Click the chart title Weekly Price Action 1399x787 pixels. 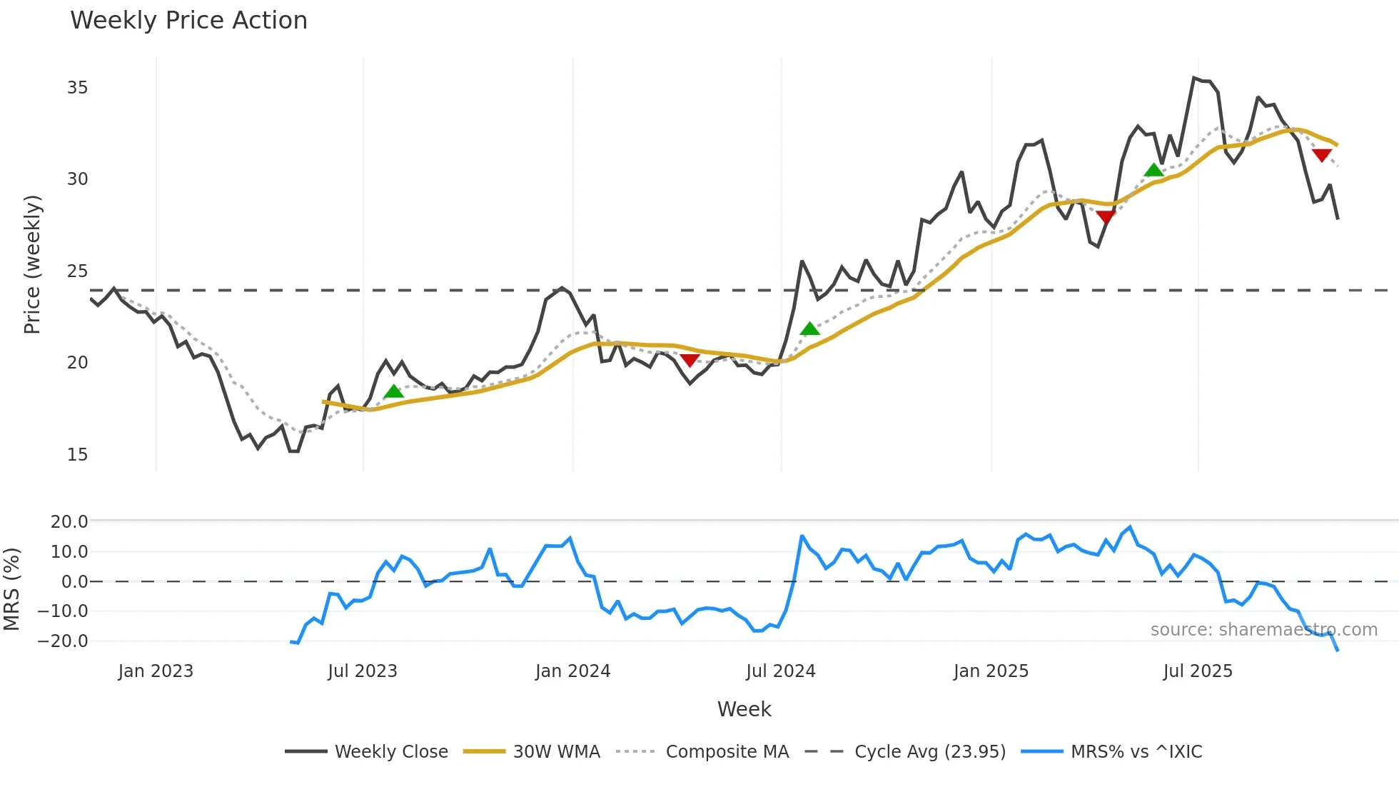(188, 21)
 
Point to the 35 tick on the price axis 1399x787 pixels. (77, 88)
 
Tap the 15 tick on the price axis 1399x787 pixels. (77, 455)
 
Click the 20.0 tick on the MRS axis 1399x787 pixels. (69, 522)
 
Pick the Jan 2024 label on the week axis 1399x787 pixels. (572, 671)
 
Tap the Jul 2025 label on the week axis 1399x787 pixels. (1197, 671)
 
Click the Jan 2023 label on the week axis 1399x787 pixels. (156, 671)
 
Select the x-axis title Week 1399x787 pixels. (744, 709)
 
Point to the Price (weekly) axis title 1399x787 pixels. (32, 264)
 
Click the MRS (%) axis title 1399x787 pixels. (11, 589)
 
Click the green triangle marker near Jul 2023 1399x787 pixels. (393, 391)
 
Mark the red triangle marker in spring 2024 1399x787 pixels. (690, 360)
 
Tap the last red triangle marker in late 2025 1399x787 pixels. (1321, 155)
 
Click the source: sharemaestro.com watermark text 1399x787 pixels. (1263, 630)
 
